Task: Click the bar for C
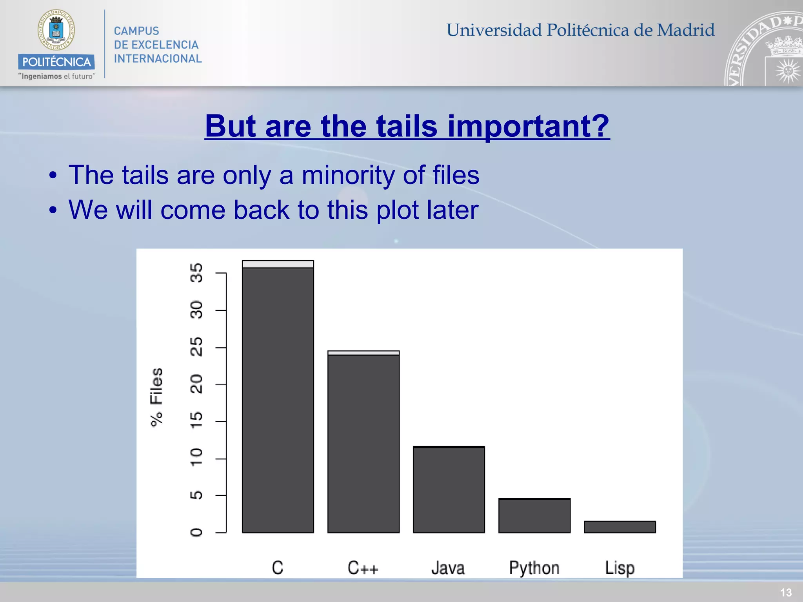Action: point(278,400)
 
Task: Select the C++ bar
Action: point(363,443)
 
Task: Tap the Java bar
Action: point(449,490)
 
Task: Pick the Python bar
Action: point(534,516)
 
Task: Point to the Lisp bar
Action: point(620,527)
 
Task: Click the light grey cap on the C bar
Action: point(278,264)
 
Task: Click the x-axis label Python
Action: point(534,568)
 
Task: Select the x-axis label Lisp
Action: point(620,568)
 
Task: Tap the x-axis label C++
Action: point(363,568)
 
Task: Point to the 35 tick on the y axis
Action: point(196,273)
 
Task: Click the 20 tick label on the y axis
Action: point(196,384)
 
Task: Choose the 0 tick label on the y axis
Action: point(196,532)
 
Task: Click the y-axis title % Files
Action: point(156,397)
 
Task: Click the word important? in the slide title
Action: point(529,126)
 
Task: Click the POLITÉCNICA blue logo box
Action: point(56,62)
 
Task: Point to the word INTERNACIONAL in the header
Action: point(158,59)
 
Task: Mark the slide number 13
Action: point(786,593)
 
